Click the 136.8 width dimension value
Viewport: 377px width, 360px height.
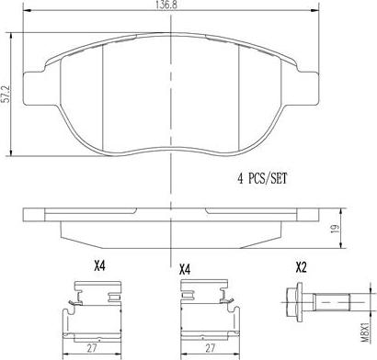pos(166,5)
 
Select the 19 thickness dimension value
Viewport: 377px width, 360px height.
pos(336,229)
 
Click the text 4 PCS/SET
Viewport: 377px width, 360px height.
pos(262,178)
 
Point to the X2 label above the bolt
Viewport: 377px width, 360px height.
pos(301,268)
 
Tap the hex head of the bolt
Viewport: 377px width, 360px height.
pos(295,302)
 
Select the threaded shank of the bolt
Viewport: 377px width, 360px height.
pos(331,302)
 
